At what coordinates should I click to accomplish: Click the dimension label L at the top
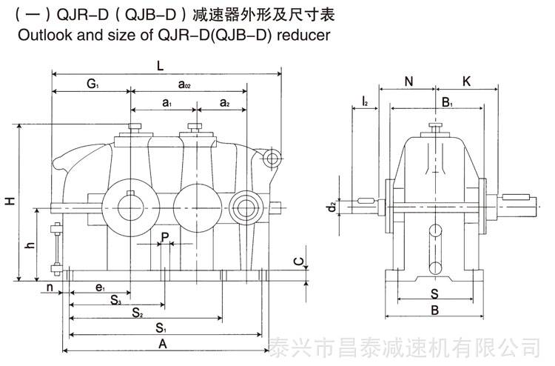tap(161, 65)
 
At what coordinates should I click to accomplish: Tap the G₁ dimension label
tap(92, 84)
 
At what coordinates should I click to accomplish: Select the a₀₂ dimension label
tap(184, 84)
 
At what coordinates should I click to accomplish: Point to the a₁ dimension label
tap(167, 103)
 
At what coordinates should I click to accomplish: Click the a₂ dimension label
tap(225, 103)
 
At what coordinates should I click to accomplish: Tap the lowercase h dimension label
tap(31, 244)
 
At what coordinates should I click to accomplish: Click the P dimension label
tap(165, 237)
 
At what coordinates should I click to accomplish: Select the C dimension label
tap(299, 262)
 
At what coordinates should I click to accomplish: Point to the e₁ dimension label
tap(100, 287)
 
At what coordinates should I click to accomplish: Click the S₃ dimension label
tap(115, 300)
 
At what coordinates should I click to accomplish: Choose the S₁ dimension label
tap(161, 328)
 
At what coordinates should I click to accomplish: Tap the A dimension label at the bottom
tap(163, 344)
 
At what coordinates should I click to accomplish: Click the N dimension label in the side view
tap(408, 81)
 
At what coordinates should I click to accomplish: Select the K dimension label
tap(466, 81)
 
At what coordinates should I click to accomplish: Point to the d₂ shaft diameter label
tap(332, 207)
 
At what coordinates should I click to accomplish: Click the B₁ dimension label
tap(448, 103)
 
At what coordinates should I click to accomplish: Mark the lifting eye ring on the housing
tap(272, 158)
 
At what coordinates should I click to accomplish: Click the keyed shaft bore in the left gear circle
tap(130, 207)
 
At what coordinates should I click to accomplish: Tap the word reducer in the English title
tap(303, 35)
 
